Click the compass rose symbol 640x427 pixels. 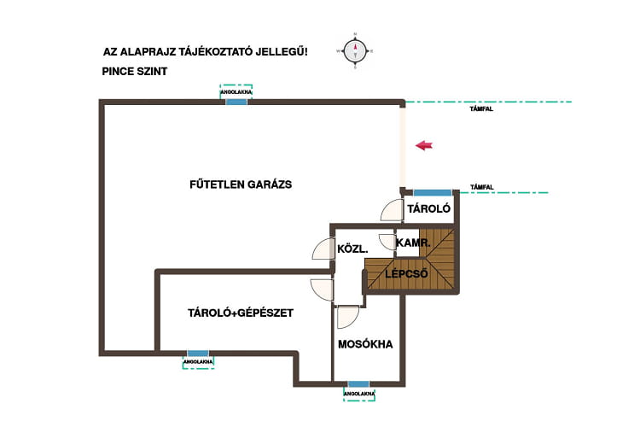pyautogui.click(x=355, y=51)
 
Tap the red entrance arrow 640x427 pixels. pyautogui.click(x=424, y=145)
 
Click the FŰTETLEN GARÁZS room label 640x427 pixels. pyautogui.click(x=241, y=184)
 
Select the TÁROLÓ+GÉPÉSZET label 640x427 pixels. pyautogui.click(x=241, y=313)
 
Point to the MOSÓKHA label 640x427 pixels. pyautogui.click(x=365, y=344)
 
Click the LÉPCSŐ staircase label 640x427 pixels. pyautogui.click(x=406, y=273)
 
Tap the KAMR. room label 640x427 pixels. pyautogui.click(x=413, y=243)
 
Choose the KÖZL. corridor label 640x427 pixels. pyautogui.click(x=352, y=249)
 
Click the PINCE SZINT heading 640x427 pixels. pyautogui.click(x=135, y=72)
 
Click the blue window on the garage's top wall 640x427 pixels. pyautogui.click(x=236, y=102)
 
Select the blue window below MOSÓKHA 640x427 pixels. pyautogui.click(x=358, y=384)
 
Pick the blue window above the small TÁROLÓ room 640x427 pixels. pyautogui.click(x=433, y=193)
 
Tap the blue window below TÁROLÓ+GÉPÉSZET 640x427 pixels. pyautogui.click(x=198, y=353)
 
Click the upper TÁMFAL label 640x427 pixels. pyautogui.click(x=481, y=109)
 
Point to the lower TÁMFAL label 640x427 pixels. pyautogui.click(x=482, y=187)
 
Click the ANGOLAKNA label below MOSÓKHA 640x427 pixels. pyautogui.click(x=359, y=394)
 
